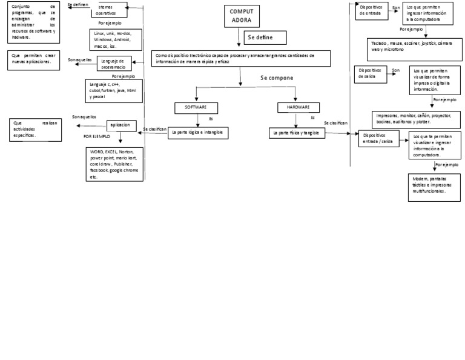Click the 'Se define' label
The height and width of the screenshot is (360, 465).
260,38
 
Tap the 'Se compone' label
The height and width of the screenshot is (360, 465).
277,78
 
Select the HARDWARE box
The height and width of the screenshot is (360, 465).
294,107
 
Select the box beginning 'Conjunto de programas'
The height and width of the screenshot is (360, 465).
34,22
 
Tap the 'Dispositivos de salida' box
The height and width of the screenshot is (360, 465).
371,74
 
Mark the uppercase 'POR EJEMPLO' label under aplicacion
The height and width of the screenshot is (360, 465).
97,138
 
